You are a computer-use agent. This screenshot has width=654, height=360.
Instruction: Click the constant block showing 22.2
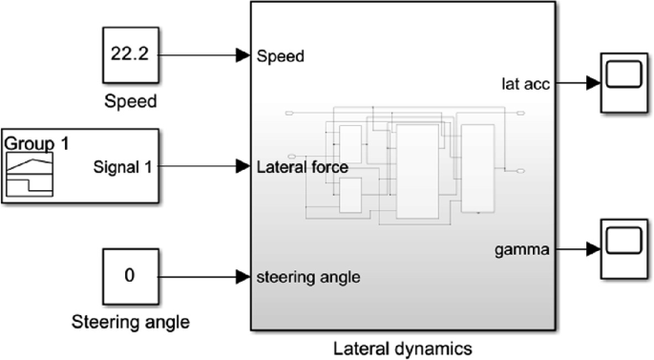(x=129, y=55)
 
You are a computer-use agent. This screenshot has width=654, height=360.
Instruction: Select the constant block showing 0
(x=129, y=277)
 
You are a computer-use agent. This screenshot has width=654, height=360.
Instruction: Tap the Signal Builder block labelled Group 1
(x=80, y=166)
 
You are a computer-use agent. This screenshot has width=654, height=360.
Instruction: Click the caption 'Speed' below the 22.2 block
(x=129, y=99)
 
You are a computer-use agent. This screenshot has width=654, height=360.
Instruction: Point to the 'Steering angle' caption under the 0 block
(x=131, y=322)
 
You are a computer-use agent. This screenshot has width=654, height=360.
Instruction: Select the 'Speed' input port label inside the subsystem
(x=282, y=56)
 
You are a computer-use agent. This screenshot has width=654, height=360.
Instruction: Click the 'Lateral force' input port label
(x=302, y=167)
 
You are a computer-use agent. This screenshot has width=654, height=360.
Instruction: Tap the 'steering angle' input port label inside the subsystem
(x=308, y=278)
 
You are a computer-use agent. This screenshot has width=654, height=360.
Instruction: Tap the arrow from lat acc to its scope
(x=576, y=83)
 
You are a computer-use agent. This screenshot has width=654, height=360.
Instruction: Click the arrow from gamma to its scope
(x=576, y=250)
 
